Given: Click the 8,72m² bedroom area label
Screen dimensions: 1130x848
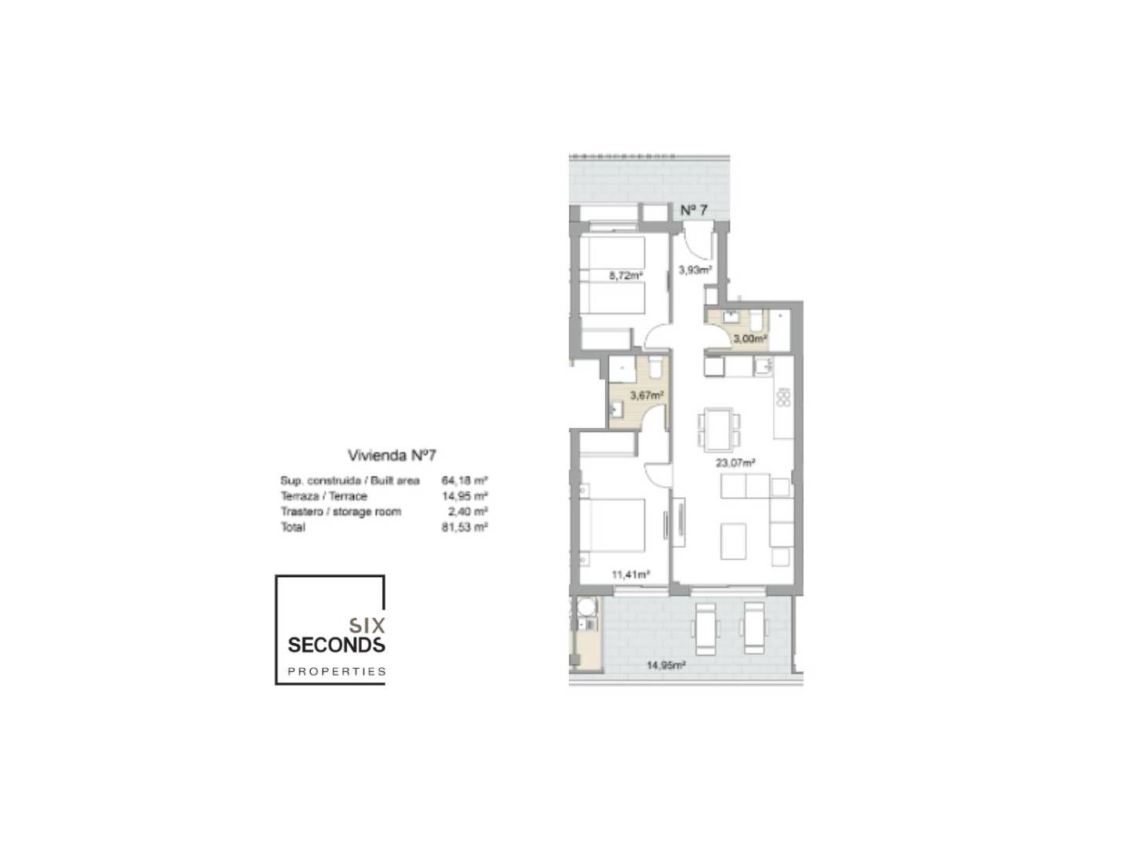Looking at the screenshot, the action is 625,276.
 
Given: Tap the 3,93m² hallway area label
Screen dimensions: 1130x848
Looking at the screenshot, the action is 695,270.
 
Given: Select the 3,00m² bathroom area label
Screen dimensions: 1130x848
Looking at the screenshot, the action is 750,338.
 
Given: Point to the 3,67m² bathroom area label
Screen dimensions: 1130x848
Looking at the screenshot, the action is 647,395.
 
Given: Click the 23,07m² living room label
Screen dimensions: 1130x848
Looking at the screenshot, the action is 735,462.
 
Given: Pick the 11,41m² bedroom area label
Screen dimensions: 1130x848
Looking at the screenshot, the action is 631,575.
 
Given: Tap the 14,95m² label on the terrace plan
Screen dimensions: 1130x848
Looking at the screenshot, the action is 665,665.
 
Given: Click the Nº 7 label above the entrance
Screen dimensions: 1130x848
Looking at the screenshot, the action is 694,210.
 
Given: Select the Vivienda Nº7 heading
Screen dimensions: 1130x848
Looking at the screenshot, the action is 392,455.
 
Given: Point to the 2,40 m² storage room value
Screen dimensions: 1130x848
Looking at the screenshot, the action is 468,511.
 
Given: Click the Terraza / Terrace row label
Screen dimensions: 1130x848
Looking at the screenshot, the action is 324,495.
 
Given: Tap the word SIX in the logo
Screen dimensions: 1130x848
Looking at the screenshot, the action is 367,626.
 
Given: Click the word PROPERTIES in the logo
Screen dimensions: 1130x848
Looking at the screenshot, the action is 337,671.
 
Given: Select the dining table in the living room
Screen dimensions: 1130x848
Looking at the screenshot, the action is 719,429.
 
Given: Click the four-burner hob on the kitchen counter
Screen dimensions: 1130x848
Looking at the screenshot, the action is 783,397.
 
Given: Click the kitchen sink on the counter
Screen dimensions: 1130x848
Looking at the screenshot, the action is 763,366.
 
